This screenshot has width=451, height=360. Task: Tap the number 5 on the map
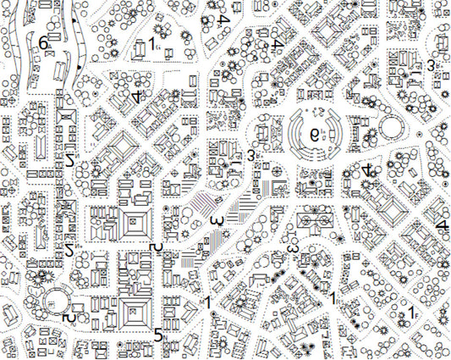pos(158,334)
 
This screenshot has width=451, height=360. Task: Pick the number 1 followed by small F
pos(411,313)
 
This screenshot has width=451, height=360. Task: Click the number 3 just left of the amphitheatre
pos(251,155)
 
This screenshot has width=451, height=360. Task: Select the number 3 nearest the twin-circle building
pos(293,249)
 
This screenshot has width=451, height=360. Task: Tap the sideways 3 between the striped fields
pos(217,220)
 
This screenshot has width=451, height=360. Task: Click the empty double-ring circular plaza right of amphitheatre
pos(392,129)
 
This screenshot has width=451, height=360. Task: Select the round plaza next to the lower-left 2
pos(54,300)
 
